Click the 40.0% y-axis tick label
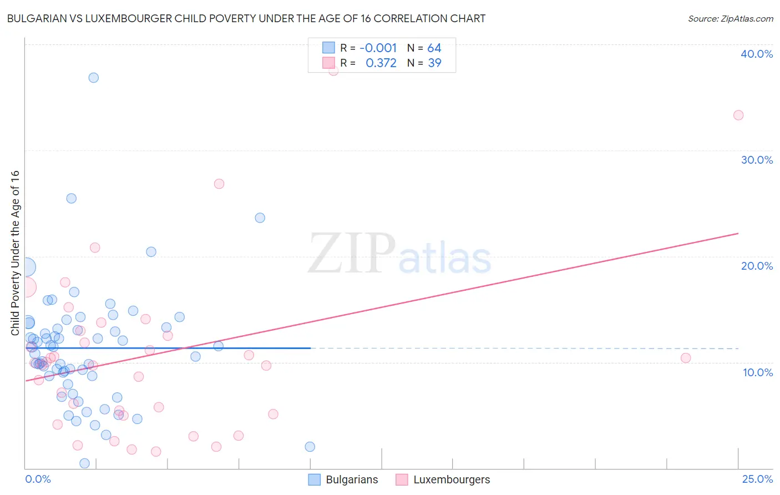click(x=757, y=54)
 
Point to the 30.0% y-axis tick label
click(x=757, y=160)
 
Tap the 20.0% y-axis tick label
click(x=757, y=266)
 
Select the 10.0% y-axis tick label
click(x=758, y=372)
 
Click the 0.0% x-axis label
click(x=38, y=479)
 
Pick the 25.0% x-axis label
click(x=757, y=479)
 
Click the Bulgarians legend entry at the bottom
click(x=343, y=479)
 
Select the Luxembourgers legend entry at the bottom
click(x=443, y=479)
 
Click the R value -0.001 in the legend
click(x=378, y=48)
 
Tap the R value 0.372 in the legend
click(x=381, y=63)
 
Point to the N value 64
click(x=434, y=48)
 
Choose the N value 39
click(x=434, y=63)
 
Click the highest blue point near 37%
click(x=94, y=78)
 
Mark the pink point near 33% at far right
click(x=738, y=115)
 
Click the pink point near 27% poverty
click(x=219, y=184)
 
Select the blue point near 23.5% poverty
click(x=260, y=218)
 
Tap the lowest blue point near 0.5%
click(x=85, y=463)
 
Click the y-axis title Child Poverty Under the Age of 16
click(x=15, y=252)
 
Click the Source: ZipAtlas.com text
click(x=730, y=19)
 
